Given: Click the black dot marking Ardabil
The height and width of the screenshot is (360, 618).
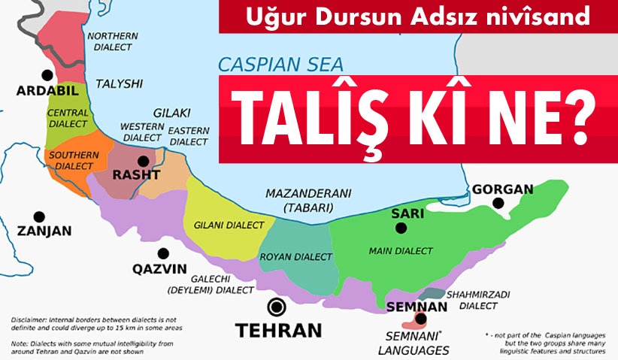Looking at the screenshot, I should click(48, 75).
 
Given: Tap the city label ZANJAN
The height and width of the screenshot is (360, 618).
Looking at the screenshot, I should click(44, 231).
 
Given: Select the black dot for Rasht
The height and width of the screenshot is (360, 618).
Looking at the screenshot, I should click(143, 160).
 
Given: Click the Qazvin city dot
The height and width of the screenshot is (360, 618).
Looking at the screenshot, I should click(162, 253).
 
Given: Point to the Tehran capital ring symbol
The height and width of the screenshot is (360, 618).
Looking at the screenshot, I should click(277, 307).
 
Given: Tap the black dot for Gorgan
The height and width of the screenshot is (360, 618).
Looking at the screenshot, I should click(497, 203).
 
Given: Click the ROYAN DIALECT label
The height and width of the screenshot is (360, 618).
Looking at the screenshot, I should click(296, 257).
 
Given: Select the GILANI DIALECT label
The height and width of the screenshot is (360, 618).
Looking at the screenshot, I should click(229, 225).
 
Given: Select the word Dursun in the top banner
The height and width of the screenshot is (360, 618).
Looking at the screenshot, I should click(344, 16).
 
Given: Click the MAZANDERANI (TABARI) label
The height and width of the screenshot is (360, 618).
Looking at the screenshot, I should click(298, 199).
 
